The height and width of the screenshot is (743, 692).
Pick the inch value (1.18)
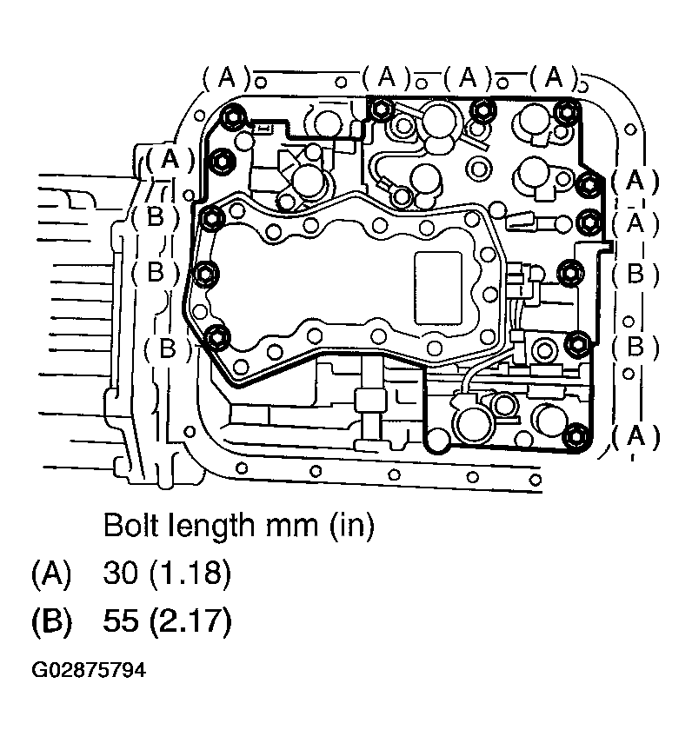point(188,574)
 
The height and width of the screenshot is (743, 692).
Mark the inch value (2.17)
point(188,623)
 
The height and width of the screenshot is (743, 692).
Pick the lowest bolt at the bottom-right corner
point(573,436)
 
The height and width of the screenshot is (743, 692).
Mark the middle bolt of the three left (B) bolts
point(203,273)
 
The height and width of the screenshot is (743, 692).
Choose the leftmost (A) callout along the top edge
point(227,78)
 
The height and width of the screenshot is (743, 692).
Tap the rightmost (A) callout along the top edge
point(553,78)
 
